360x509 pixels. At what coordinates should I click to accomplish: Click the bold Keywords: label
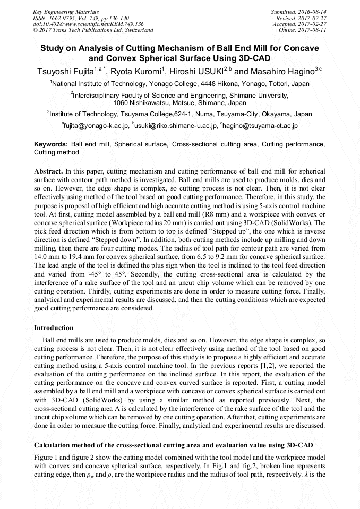[51, 144]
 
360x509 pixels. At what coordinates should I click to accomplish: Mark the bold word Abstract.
[48, 172]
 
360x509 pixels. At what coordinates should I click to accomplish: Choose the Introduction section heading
[54, 328]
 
